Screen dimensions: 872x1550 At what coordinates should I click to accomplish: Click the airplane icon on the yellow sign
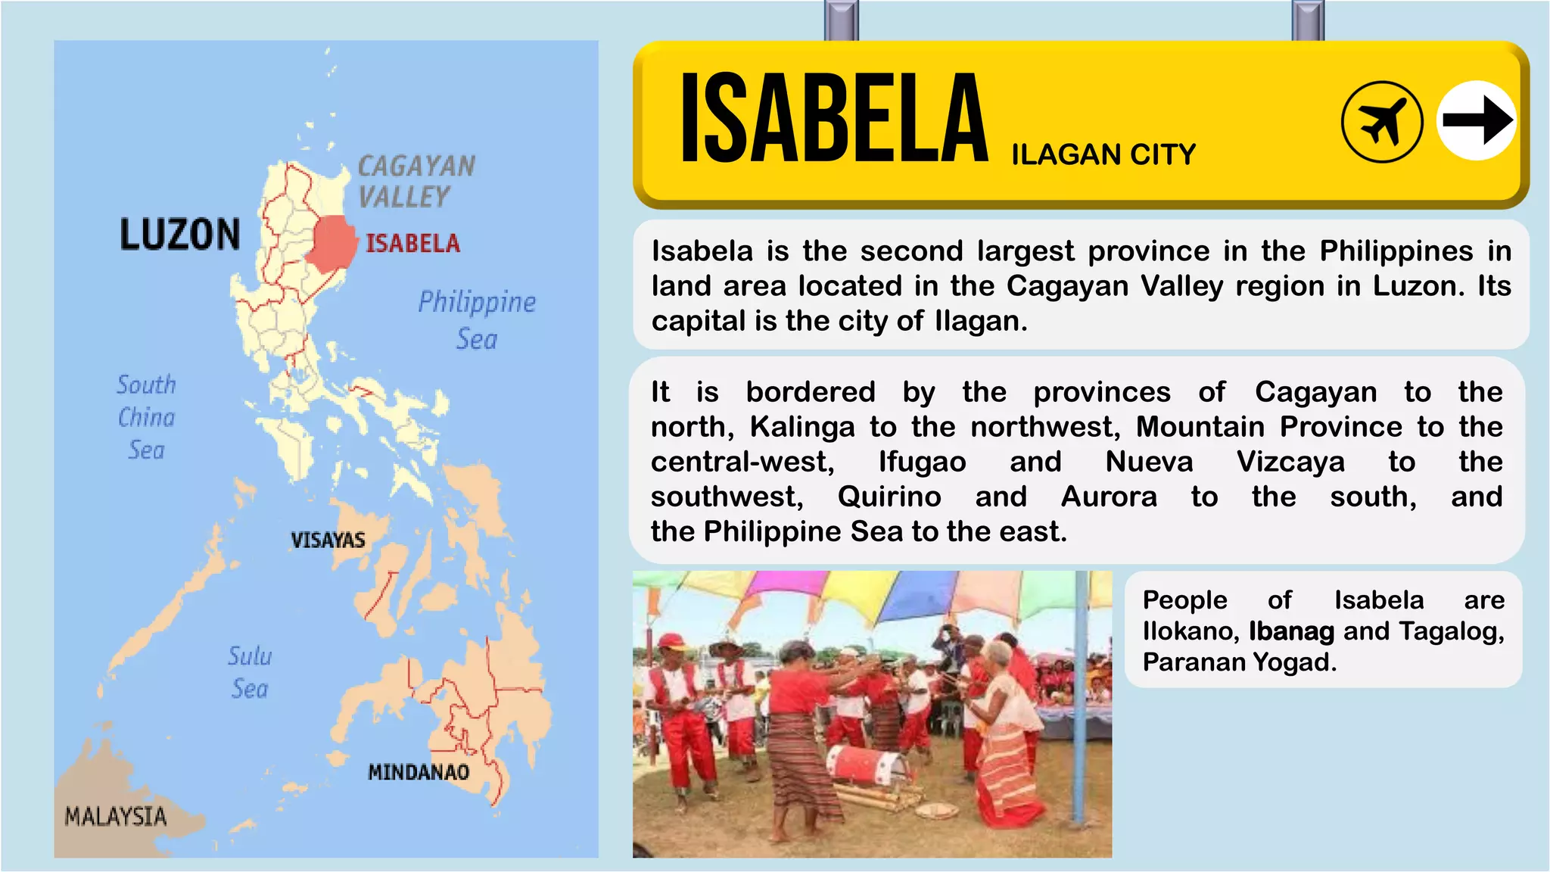[1381, 122]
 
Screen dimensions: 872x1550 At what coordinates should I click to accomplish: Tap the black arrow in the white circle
[1476, 120]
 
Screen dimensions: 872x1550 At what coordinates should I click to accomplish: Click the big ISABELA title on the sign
[834, 118]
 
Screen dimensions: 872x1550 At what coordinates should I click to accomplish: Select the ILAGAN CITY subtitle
[1103, 155]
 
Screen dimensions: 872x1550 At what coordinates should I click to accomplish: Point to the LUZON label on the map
[180, 235]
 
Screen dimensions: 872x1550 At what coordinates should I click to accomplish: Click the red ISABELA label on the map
[413, 244]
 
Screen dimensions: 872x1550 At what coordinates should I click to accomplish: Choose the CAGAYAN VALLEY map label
[416, 182]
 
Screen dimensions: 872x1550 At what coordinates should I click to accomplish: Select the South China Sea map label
[146, 417]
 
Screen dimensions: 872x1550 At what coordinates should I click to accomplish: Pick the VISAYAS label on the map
[328, 540]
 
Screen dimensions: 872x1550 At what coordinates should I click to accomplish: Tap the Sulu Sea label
[250, 672]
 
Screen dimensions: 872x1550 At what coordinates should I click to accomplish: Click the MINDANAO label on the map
[419, 773]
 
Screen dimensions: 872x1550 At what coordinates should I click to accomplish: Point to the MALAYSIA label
[115, 817]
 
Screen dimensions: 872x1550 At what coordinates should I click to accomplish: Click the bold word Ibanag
[1291, 631]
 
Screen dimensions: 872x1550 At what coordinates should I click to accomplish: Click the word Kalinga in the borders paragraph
[801, 427]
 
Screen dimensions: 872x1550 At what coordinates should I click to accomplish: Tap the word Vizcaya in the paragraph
[1290, 462]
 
